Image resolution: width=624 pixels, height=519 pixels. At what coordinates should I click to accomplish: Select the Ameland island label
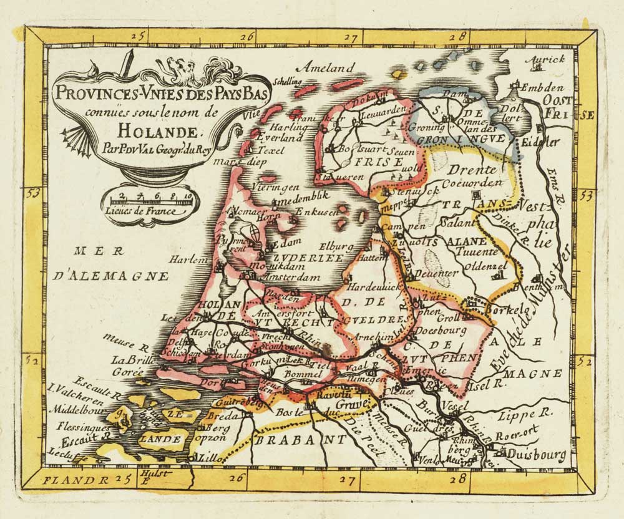coord(325,68)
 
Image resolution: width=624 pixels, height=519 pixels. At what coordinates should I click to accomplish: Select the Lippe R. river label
coord(535,412)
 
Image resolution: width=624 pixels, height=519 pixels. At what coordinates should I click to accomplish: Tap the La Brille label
coord(127,361)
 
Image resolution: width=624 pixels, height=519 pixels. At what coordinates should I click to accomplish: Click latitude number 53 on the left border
coord(33,193)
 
